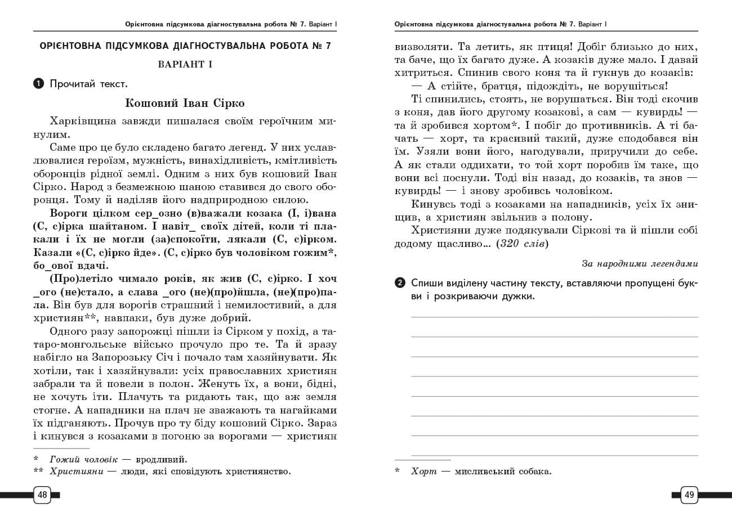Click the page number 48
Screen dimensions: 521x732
(42, 495)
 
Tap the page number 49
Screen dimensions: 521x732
(689, 495)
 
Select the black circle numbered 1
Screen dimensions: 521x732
(38, 84)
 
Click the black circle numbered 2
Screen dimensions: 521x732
(400, 283)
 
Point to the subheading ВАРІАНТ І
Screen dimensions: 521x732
(185, 64)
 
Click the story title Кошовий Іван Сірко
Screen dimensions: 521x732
(185, 103)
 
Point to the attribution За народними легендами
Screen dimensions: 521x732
(640, 263)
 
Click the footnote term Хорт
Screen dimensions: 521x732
(423, 471)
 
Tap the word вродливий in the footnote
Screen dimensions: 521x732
(160, 460)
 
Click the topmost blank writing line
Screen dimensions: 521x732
(554, 317)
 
